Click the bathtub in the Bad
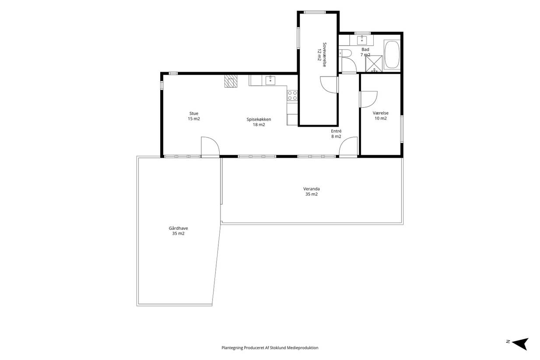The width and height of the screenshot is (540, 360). [392, 55]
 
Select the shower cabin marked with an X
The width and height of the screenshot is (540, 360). [374, 63]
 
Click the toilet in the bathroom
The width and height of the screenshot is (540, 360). [345, 53]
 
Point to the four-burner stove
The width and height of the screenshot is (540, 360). [292, 95]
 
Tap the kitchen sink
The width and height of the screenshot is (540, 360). [270, 80]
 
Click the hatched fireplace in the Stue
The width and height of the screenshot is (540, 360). [231, 81]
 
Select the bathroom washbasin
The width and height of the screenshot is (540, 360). [362, 40]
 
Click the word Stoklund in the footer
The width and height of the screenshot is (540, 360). [278, 348]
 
